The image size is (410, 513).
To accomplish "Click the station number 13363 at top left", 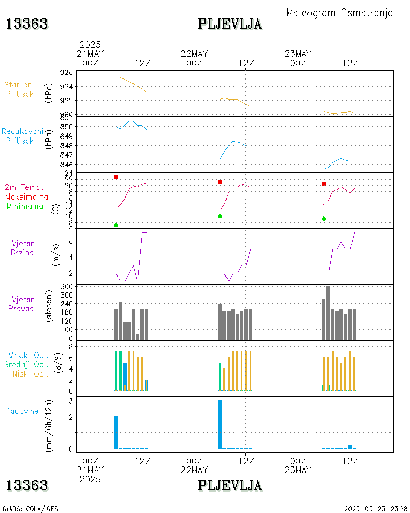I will [x=27, y=24].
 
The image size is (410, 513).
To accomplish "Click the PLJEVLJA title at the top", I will [x=230, y=24].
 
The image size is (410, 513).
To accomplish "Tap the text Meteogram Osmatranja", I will [x=339, y=13].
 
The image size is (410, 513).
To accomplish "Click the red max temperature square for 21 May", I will [x=116, y=177].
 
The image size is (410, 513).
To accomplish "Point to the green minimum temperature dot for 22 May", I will [x=220, y=216].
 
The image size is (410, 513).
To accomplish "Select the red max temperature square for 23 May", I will [x=324, y=184].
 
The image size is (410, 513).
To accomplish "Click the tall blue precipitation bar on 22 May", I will [x=220, y=424].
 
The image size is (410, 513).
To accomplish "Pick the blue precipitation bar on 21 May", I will [x=116, y=432].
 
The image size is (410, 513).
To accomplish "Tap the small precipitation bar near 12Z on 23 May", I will [x=350, y=447].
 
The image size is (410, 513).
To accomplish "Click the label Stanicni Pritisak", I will [x=19, y=89].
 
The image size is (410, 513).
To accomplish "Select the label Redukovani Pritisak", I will [x=22, y=135].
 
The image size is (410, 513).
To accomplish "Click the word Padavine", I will [x=22, y=411].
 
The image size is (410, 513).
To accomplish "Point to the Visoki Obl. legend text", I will [x=28, y=355].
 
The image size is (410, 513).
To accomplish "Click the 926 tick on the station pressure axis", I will [x=66, y=72].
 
